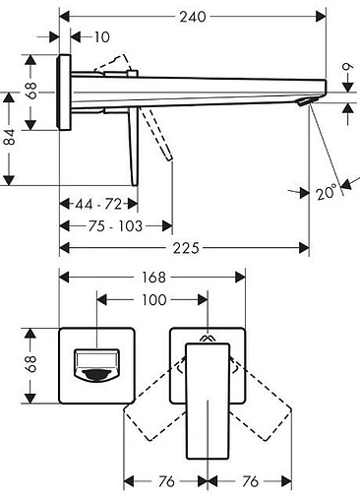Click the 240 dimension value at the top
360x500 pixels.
pos(193,17)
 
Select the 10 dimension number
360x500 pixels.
pos(102,37)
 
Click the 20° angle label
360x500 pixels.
pos(327,192)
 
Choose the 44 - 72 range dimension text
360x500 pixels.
pos(98,205)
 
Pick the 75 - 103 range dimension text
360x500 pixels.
pos(115,226)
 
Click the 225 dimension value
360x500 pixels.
pos(186,248)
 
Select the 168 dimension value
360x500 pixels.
pos(153,278)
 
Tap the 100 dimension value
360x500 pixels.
pos(154,299)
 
